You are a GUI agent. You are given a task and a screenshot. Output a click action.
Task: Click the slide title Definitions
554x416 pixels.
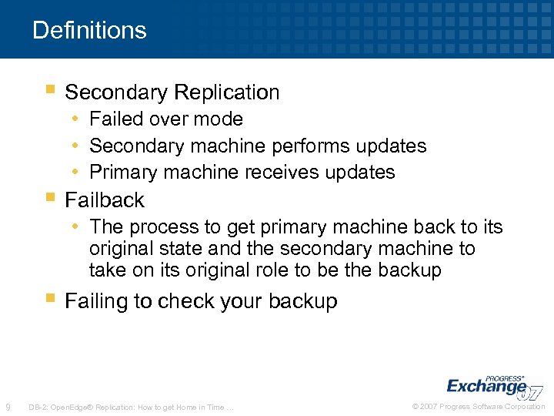(x=89, y=30)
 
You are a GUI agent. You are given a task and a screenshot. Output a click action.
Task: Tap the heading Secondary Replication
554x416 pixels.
(x=172, y=92)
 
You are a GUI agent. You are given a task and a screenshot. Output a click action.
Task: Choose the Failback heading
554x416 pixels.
(x=105, y=200)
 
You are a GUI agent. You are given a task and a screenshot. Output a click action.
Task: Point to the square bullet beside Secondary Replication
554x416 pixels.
(x=50, y=89)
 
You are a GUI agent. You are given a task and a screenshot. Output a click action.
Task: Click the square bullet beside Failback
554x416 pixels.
(x=50, y=197)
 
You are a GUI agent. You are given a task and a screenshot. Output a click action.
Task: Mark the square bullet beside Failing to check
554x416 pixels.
(x=50, y=297)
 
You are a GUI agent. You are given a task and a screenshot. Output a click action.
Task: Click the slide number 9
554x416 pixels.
(x=8, y=407)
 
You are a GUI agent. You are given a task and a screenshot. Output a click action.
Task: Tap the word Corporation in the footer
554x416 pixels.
(x=525, y=407)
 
